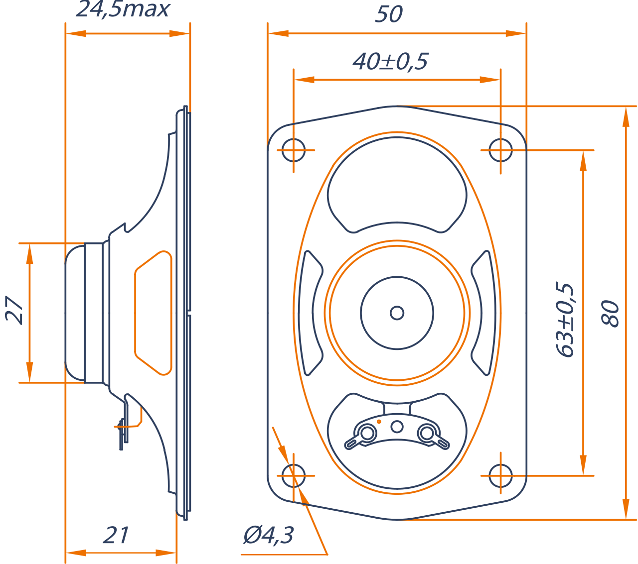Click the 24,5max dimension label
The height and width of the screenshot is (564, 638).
tap(123, 9)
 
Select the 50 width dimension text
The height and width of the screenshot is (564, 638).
tap(389, 14)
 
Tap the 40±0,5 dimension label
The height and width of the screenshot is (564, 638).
tap(390, 61)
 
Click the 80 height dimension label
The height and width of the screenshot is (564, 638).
tap(610, 314)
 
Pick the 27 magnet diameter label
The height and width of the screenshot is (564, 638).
tap(14, 310)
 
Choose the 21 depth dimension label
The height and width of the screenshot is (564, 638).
tap(116, 535)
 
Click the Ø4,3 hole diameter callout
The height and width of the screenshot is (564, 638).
tap(269, 535)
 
